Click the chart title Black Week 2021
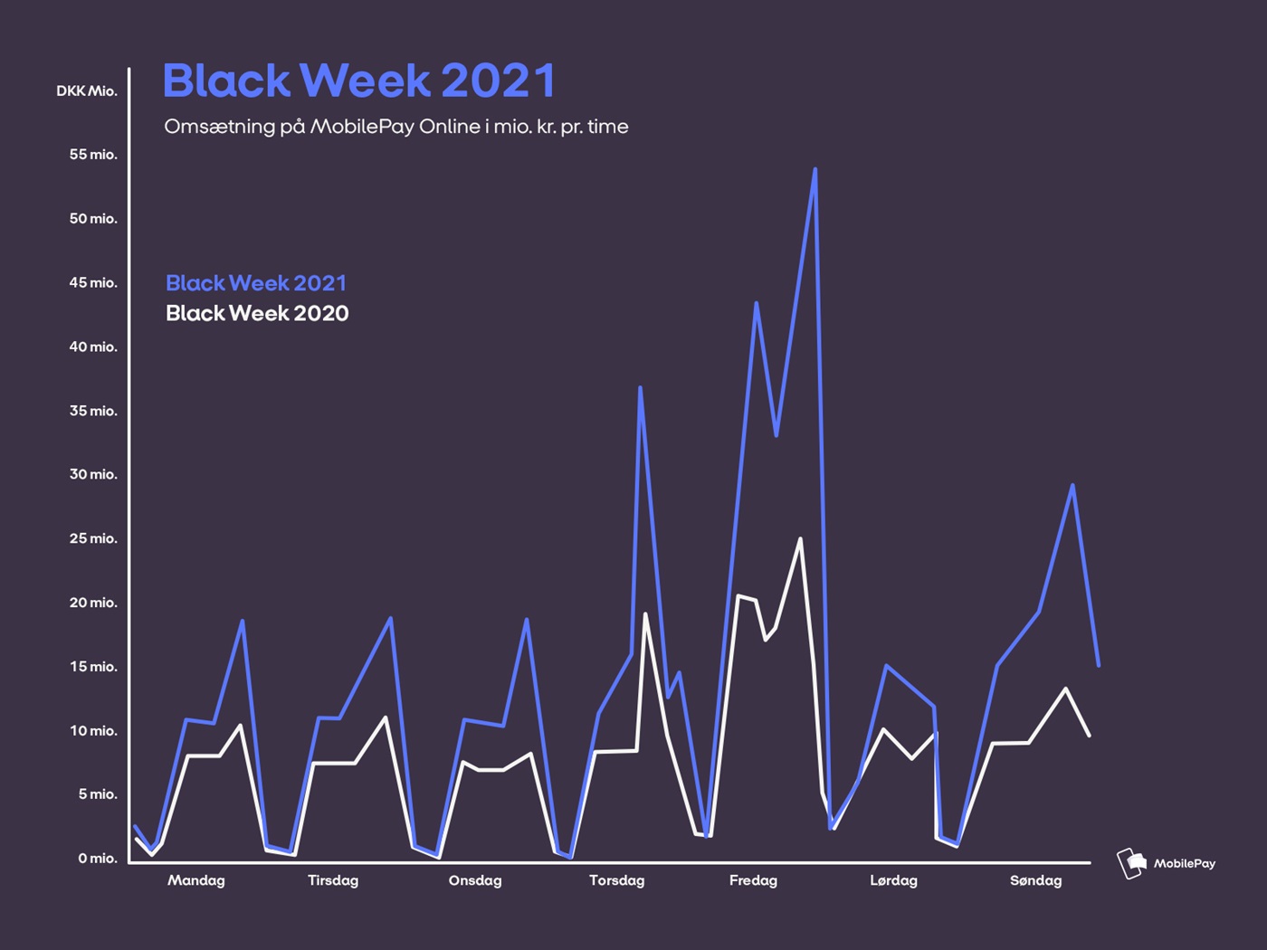coord(358,81)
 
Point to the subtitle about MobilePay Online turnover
coord(395,127)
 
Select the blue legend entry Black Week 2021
coord(256,283)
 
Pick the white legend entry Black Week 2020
coord(257,313)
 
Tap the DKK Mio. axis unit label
coord(87,91)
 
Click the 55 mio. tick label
coord(93,155)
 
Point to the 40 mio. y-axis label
coord(93,347)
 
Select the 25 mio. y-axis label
coord(93,539)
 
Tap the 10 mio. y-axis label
coord(93,731)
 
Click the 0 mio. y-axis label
coord(97,859)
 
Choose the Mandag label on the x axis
coord(196,880)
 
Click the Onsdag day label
coord(475,880)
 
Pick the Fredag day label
coord(753,880)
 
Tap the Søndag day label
coord(1036,880)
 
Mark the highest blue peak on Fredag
coord(815,170)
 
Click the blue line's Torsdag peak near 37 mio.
coord(640,388)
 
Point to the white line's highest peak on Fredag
coord(800,539)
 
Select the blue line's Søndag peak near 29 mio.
coord(1072,485)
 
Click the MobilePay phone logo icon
coord(1131,863)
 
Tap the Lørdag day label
coord(893,880)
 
